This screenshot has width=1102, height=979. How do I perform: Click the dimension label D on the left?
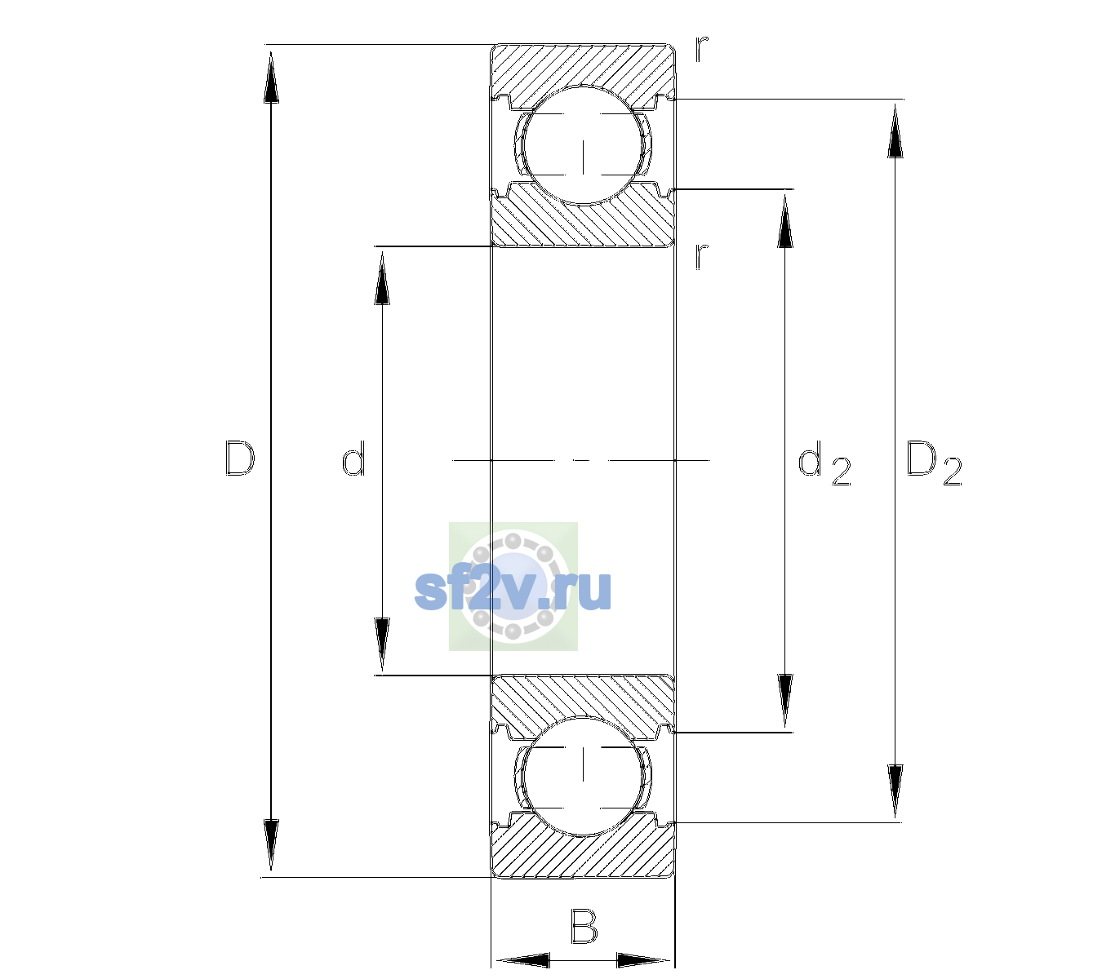(240, 458)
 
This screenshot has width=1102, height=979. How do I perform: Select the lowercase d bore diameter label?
(353, 458)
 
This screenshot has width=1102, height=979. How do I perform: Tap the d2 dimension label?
(824, 463)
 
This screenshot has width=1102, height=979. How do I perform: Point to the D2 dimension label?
(934, 463)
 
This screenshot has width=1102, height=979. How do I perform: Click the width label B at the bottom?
(584, 926)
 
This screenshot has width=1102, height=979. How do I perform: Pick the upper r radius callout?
(702, 48)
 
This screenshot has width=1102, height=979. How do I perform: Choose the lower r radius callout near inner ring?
(702, 256)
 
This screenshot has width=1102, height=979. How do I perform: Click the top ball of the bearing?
(583, 145)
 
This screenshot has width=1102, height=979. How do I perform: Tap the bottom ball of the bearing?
(583, 776)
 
